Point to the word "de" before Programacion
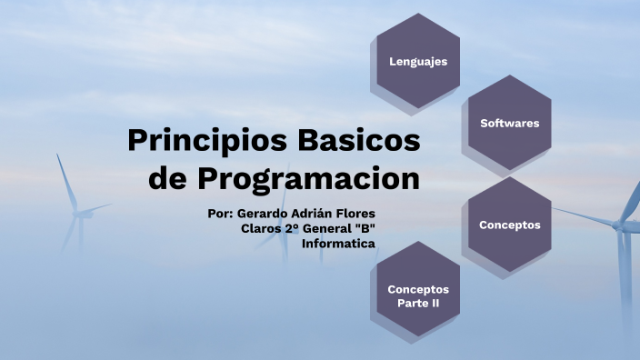click(x=168, y=178)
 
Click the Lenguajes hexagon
click(x=418, y=61)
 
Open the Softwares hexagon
click(x=510, y=123)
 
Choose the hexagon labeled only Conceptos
click(x=510, y=224)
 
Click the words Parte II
click(x=418, y=303)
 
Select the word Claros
click(x=262, y=228)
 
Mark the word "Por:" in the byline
click(x=221, y=214)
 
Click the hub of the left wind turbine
click(x=78, y=214)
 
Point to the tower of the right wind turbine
click(x=623, y=273)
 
